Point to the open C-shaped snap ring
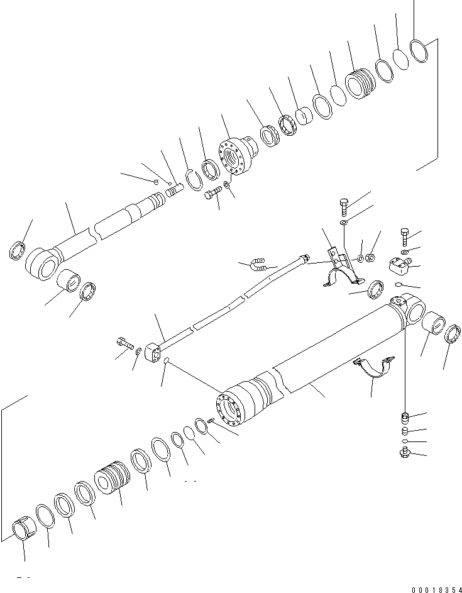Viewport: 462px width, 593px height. tap(192, 178)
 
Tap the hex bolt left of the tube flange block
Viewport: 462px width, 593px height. tap(123, 343)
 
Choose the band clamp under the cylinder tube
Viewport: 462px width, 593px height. tap(377, 369)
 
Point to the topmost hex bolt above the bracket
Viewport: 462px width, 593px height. tap(343, 204)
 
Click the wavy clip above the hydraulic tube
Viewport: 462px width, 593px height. tap(259, 264)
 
